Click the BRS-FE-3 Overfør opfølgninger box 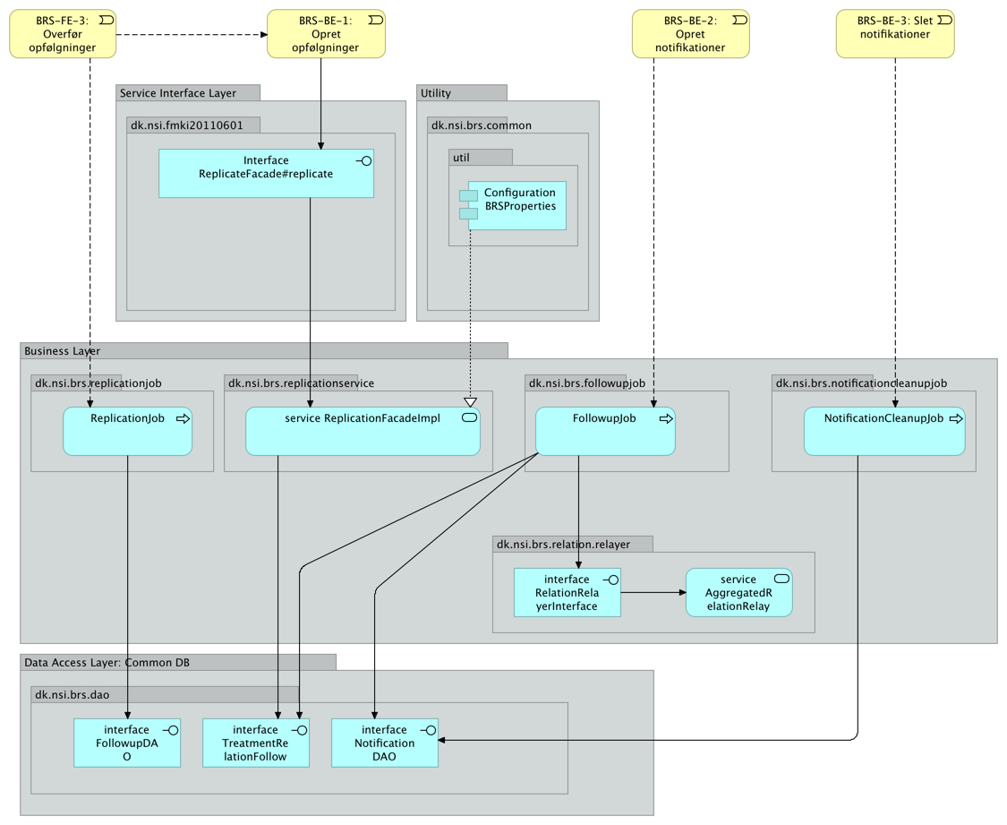tap(64, 34)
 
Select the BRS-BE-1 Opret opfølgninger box tap(326, 34)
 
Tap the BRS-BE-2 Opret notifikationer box tap(690, 34)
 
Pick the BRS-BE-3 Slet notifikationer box tap(895, 34)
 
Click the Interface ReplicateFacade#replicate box tap(266, 173)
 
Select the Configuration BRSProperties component tap(516, 205)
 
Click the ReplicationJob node tap(127, 431)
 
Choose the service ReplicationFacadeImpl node tap(363, 431)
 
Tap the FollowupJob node tap(604, 431)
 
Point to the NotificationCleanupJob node tap(883, 431)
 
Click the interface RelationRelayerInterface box tap(567, 592)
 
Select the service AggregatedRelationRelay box tap(738, 592)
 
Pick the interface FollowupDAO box tap(126, 743)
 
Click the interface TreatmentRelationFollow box tap(255, 743)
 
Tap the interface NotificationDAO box tap(384, 743)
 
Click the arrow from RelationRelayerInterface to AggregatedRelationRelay tap(653, 592)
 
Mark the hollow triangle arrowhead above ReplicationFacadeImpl tap(470, 402)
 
